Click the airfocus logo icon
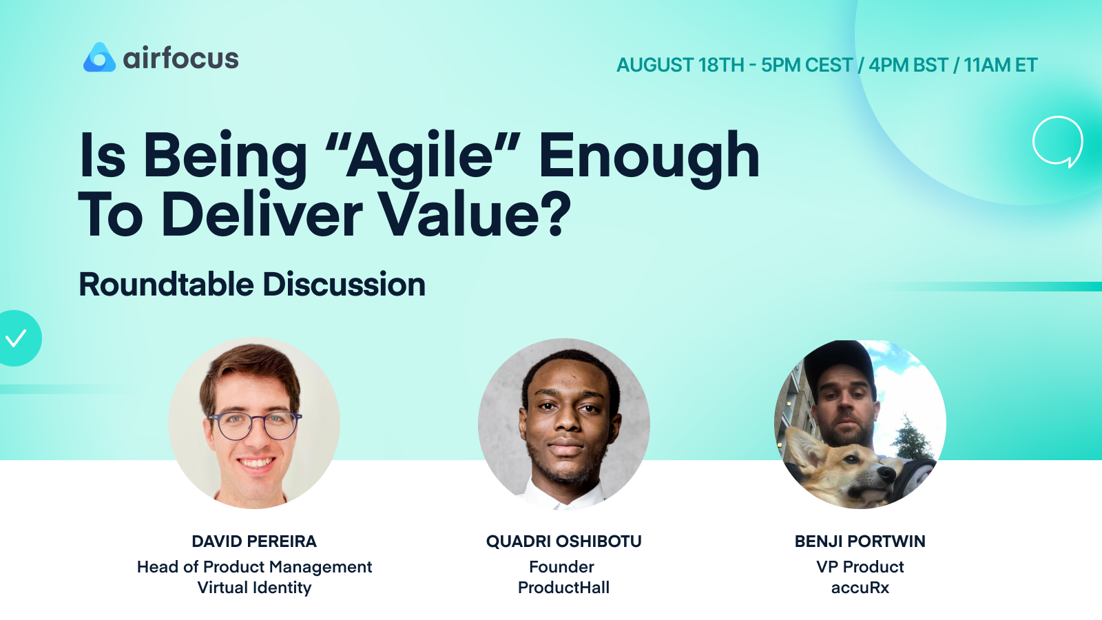click(99, 58)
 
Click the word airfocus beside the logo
click(180, 59)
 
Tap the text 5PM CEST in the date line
click(807, 65)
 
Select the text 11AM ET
click(1000, 65)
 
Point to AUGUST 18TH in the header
click(680, 65)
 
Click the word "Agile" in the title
click(422, 157)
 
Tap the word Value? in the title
click(475, 215)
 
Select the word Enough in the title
click(649, 157)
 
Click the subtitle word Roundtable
click(167, 285)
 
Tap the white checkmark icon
click(16, 338)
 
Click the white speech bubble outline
click(1057, 141)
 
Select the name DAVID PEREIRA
click(254, 541)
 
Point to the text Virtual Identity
click(254, 588)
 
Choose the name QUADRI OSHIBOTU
click(563, 541)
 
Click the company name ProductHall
click(563, 588)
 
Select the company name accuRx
click(860, 588)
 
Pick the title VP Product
click(860, 567)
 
